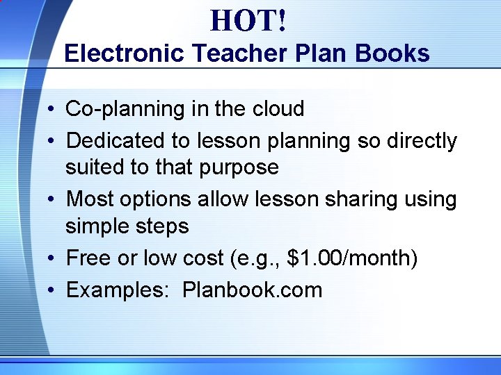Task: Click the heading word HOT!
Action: click(x=248, y=21)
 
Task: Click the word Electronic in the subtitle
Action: click(x=123, y=53)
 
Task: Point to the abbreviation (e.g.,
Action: click(x=253, y=259)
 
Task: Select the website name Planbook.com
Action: click(x=253, y=290)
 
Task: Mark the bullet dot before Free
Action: click(x=51, y=259)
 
